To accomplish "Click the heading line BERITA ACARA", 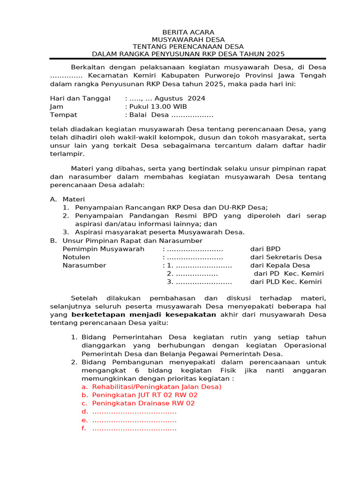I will pos(188,32).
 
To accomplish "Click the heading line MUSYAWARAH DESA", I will pos(188,39).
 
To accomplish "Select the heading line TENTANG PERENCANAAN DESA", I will pos(188,46).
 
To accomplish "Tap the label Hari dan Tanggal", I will pos(80,98).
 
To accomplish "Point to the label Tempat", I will pos(63,115).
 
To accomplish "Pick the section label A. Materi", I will pos(67,199).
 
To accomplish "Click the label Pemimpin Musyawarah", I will pos(104,249).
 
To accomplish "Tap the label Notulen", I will pos(76,257).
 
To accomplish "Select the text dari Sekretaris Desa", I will pos(286,257).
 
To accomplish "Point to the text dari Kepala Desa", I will pos(280,265).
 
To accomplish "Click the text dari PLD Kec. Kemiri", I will pos(286,282).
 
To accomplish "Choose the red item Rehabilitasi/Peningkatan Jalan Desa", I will pos(157,387).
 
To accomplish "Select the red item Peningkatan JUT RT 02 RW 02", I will pos(145,395).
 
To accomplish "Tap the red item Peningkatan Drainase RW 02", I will pos(143,403).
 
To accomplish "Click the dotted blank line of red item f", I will pos(134,428).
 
